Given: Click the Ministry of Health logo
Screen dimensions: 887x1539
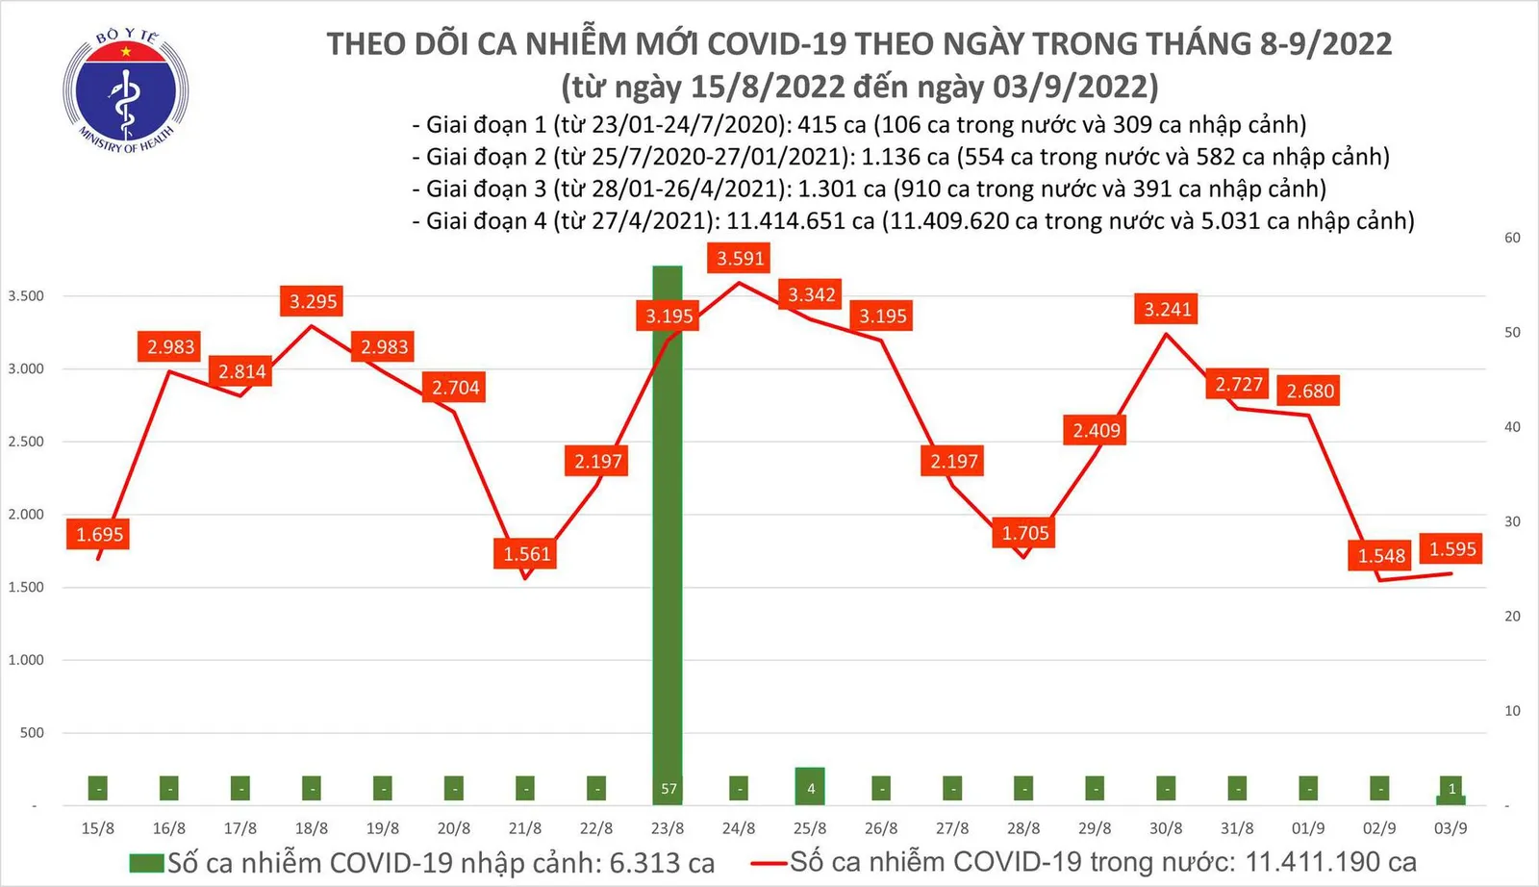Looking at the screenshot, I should pos(125,90).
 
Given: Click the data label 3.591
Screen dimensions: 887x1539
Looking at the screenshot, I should pos(740,258).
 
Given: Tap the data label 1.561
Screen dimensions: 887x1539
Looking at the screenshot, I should pos(527,554).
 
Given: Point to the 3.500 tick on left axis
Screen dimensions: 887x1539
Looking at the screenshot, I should pos(26,295).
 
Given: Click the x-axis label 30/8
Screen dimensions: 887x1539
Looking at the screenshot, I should pos(1166,828).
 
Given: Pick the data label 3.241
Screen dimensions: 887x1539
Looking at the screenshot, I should pos(1167,309).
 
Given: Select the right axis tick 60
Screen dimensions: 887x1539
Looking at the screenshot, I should pos(1512,238).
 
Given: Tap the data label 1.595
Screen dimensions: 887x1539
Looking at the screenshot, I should pos(1451,548).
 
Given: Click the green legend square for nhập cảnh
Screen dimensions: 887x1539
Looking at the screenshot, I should pos(146,863).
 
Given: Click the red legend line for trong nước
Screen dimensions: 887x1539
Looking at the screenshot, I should pos(769,863).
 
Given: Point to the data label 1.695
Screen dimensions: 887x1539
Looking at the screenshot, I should pos(100,534).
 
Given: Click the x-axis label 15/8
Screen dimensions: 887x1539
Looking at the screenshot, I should pos(98,828).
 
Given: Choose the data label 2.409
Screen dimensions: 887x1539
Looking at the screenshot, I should pos(1097,430).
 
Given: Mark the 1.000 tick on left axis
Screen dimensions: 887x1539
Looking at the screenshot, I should pos(26,660).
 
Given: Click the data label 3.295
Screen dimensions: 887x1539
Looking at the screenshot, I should pos(314,301).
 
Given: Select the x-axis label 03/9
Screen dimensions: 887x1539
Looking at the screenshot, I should pos(1451,828).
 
